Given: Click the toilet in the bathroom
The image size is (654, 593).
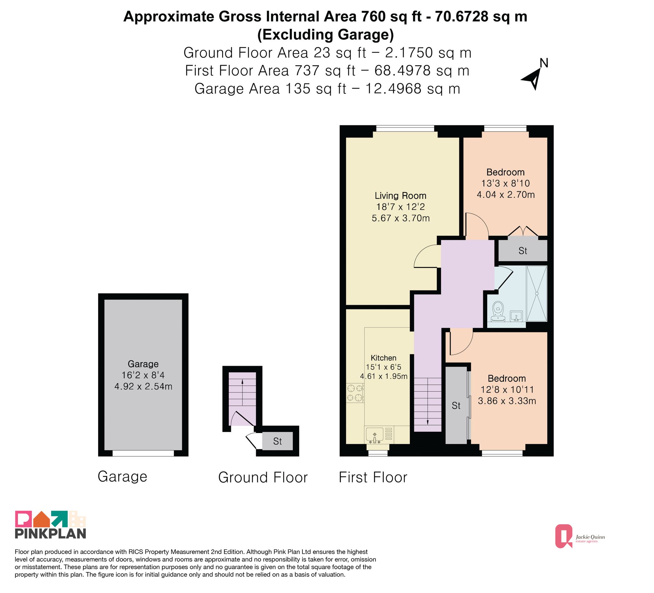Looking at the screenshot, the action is pyautogui.click(x=498, y=311).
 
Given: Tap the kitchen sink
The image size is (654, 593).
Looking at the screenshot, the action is pyautogui.click(x=374, y=435).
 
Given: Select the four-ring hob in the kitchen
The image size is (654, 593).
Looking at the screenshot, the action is pyautogui.click(x=355, y=393).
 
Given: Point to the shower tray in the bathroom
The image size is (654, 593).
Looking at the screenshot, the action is pyautogui.click(x=537, y=293).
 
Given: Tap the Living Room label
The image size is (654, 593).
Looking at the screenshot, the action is pyautogui.click(x=401, y=196).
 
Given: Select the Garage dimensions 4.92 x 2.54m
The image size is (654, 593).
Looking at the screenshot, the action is pyautogui.click(x=143, y=386).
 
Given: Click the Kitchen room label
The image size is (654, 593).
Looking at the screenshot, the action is pyautogui.click(x=384, y=358).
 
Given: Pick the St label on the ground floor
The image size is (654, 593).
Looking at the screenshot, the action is pyautogui.click(x=277, y=442).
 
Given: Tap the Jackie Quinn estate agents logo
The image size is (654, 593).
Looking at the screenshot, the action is pyautogui.click(x=580, y=536).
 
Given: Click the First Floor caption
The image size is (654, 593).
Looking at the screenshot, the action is pyautogui.click(x=373, y=477).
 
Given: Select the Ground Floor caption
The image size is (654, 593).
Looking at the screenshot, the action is pyautogui.click(x=263, y=478).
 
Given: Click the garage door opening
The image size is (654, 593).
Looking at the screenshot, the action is pyautogui.click(x=143, y=453).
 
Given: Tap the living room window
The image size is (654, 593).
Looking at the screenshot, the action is pyautogui.click(x=405, y=128).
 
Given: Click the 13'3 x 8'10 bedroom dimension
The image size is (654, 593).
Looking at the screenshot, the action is pyautogui.click(x=506, y=183).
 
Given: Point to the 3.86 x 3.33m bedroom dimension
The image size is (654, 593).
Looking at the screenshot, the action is pyautogui.click(x=507, y=401).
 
